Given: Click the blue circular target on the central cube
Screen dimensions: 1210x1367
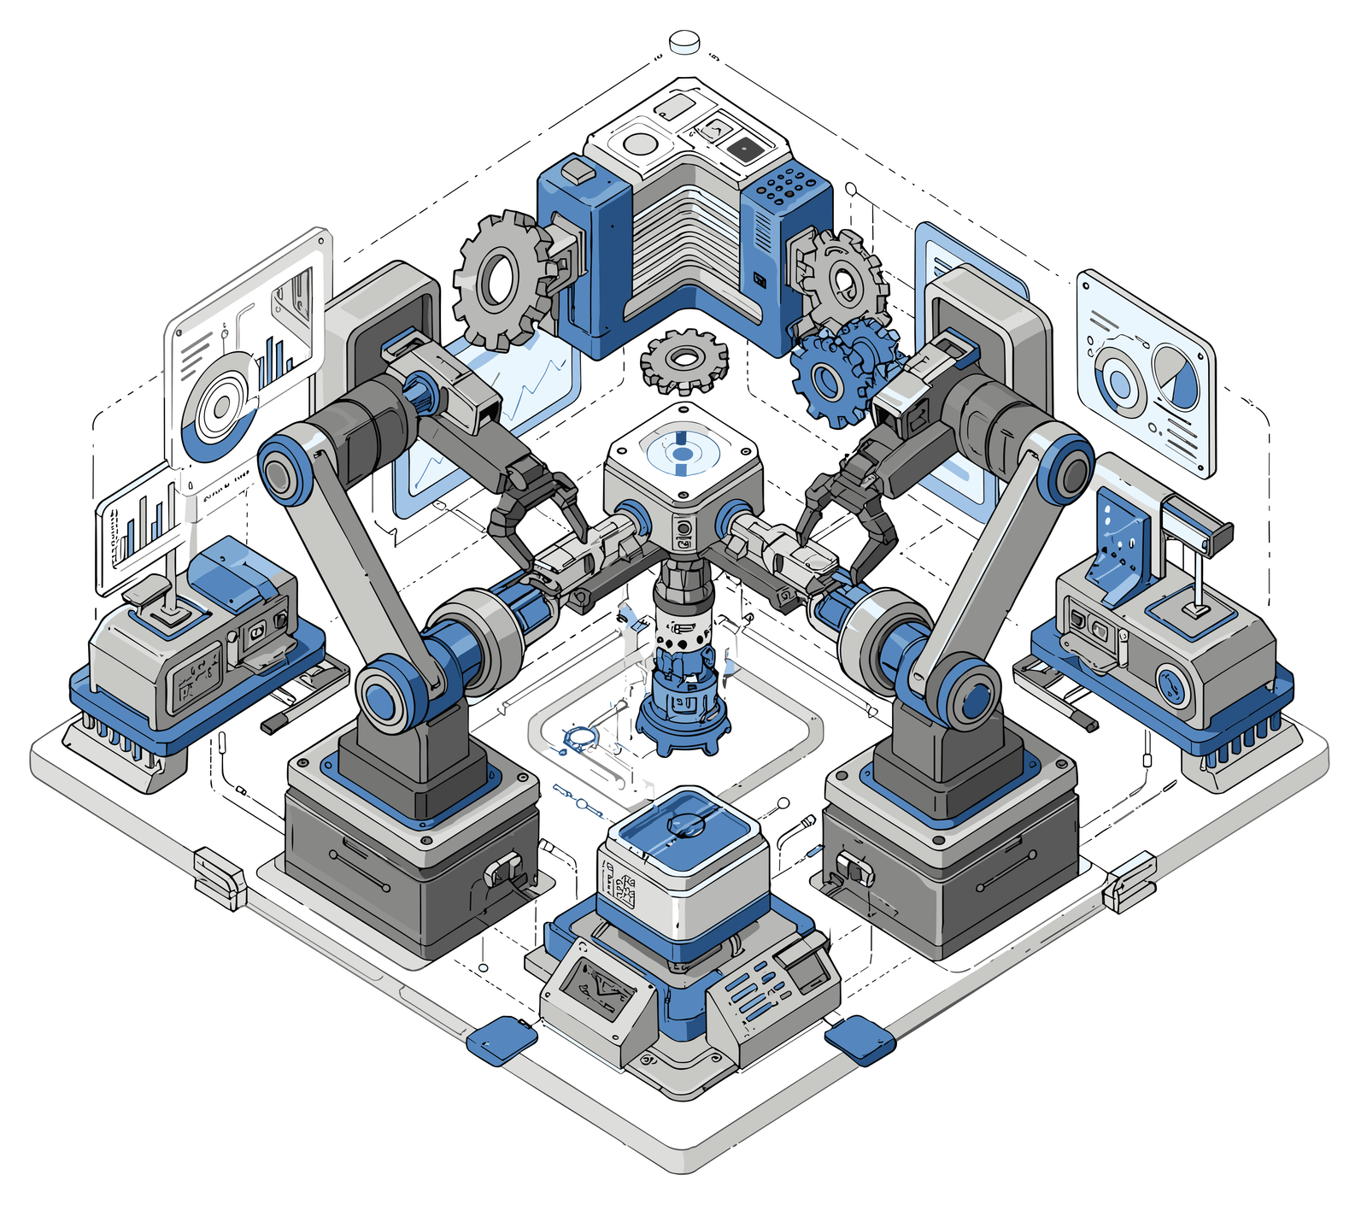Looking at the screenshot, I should [x=681, y=451].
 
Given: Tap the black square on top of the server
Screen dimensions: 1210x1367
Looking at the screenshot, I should [x=744, y=150].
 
